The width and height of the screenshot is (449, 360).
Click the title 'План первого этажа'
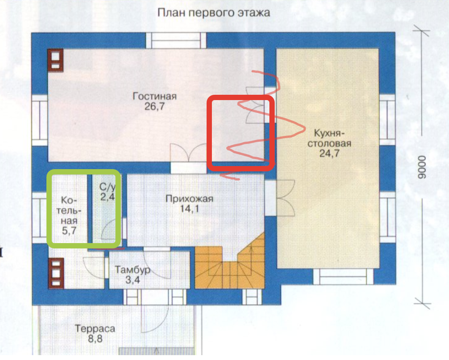(x=214, y=13)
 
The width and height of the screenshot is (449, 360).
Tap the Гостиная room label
(x=155, y=96)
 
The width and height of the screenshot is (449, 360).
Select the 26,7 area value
(x=154, y=107)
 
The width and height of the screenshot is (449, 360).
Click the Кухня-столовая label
(x=329, y=138)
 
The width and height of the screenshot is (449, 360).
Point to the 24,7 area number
(x=329, y=153)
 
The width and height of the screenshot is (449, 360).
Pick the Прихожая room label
(x=189, y=199)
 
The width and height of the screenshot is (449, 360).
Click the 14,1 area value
(x=189, y=209)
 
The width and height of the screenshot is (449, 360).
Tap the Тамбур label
(x=133, y=270)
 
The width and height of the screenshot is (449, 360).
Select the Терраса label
(x=95, y=329)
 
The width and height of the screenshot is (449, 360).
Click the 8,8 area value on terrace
(x=95, y=339)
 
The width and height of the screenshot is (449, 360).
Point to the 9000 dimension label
(x=422, y=167)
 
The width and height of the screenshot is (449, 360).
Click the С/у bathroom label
(x=107, y=187)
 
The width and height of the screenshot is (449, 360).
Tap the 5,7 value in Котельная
(x=69, y=231)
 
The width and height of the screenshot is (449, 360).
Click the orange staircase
(x=230, y=267)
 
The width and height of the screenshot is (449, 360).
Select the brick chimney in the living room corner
(x=55, y=60)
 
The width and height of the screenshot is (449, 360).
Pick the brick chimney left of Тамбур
(x=56, y=274)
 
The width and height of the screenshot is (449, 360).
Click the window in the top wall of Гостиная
(x=176, y=41)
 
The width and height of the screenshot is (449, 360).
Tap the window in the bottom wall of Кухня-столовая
(x=343, y=277)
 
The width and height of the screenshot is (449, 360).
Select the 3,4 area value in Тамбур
(x=133, y=280)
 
